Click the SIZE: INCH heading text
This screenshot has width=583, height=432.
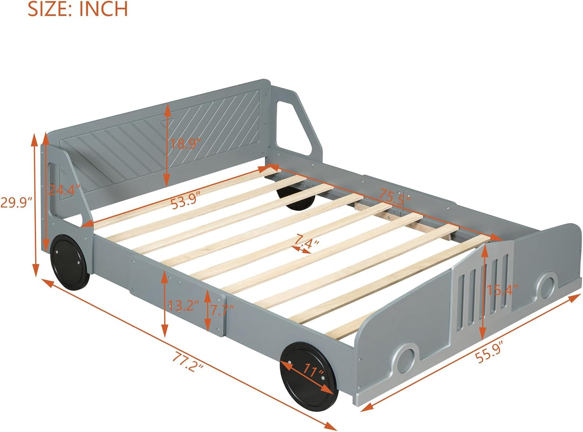pyautogui.click(x=77, y=9)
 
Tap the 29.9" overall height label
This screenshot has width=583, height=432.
pyautogui.click(x=16, y=202)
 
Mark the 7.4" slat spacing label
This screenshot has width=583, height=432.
pyautogui.click(x=307, y=242)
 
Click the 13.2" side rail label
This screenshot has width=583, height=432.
pyautogui.click(x=183, y=306)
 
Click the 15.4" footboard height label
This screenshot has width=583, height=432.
pyautogui.click(x=502, y=289)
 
